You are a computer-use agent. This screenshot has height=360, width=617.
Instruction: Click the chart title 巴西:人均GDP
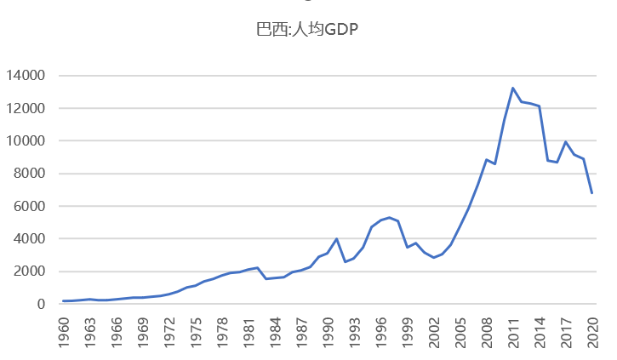click(308, 30)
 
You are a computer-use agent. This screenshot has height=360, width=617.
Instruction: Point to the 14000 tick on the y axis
click(26, 76)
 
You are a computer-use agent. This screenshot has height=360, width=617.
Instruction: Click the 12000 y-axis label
click(26, 108)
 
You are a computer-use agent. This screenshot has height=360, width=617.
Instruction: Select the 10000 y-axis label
click(26, 141)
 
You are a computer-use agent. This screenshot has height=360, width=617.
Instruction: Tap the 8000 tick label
click(29, 174)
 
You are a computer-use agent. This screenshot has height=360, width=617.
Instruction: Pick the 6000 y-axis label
click(29, 206)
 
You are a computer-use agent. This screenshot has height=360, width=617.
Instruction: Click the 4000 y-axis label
click(29, 239)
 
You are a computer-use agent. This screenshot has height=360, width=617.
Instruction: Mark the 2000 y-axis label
click(29, 271)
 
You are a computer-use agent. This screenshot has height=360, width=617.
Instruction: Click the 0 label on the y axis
click(40, 304)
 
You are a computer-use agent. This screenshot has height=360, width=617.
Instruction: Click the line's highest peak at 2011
click(513, 88)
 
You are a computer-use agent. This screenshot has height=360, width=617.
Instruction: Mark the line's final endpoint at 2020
click(592, 193)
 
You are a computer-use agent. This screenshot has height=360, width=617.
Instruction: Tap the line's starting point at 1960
click(64, 300)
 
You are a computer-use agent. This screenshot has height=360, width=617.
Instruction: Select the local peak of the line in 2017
click(566, 142)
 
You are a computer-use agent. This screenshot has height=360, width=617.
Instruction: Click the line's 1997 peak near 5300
click(390, 217)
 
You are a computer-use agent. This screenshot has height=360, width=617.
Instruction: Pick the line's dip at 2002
click(434, 257)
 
